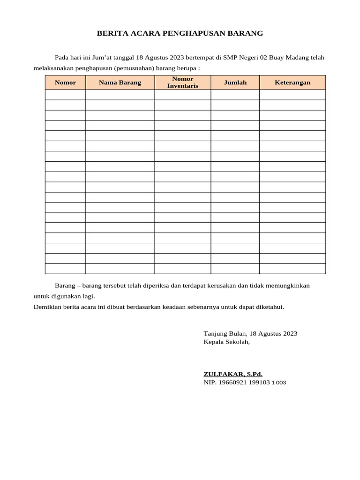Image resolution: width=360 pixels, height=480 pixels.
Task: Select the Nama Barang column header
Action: (x=120, y=82)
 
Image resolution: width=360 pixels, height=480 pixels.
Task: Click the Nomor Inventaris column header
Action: (x=182, y=82)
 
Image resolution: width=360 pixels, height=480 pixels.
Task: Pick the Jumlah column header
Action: (x=235, y=82)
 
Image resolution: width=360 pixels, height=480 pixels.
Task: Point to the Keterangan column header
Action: (x=292, y=82)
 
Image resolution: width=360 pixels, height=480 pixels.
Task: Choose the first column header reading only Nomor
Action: (x=65, y=82)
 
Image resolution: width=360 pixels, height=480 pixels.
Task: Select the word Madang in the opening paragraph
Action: (x=296, y=58)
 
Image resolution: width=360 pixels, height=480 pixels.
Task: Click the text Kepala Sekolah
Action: (x=226, y=342)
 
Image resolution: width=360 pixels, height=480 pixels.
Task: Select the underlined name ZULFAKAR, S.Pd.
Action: (x=233, y=374)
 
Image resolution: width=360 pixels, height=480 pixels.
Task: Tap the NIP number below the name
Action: (x=245, y=382)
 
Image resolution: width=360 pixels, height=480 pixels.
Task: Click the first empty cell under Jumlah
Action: (x=235, y=95)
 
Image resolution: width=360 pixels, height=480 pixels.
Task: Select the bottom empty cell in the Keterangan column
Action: (x=292, y=269)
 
